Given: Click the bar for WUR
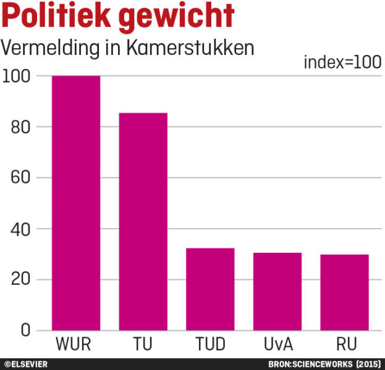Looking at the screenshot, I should pyautogui.click(x=76, y=203).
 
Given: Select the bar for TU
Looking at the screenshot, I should pyautogui.click(x=143, y=221).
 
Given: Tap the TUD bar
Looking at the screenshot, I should pyautogui.click(x=210, y=289).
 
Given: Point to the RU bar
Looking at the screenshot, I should pyautogui.click(x=345, y=292).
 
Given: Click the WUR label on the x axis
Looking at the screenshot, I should pyautogui.click(x=76, y=343).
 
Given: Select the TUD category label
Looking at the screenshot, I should pyautogui.click(x=210, y=343).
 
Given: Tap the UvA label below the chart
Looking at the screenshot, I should pyautogui.click(x=277, y=343).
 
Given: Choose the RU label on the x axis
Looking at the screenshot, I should pyautogui.click(x=345, y=343).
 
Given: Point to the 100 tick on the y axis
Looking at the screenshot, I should pyautogui.click(x=17, y=76).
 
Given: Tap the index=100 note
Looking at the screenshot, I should pyautogui.click(x=342, y=62).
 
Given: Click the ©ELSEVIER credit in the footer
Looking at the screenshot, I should pyautogui.click(x=26, y=364).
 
